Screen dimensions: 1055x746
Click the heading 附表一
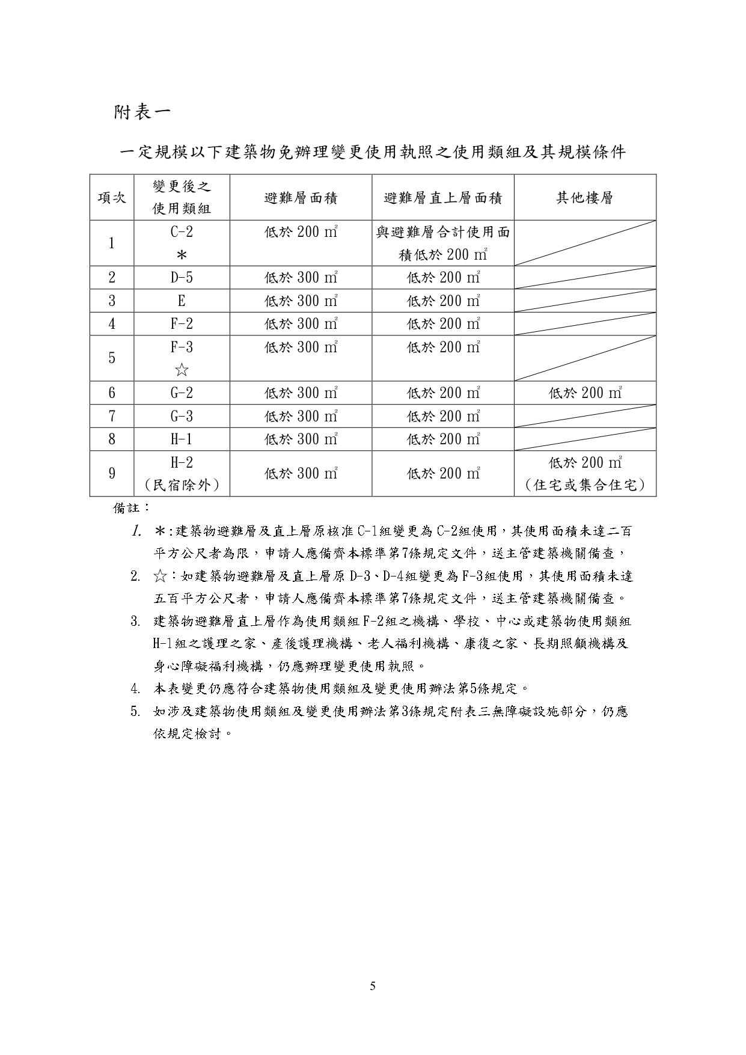tap(142, 112)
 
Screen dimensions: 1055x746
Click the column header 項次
tap(112, 198)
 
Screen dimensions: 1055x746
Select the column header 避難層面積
tap(301, 198)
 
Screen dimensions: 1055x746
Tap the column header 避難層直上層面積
tap(442, 198)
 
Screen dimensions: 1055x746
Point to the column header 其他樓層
tap(584, 198)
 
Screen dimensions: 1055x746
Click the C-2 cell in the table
tap(182, 232)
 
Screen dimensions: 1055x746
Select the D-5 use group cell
tap(182, 278)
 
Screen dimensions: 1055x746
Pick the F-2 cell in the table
tap(182, 324)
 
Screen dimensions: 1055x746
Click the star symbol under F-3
tap(182, 370)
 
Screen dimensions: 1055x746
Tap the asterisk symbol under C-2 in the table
tap(182, 255)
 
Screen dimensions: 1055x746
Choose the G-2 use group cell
tap(182, 393)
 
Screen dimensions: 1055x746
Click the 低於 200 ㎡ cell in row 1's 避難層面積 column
tap(301, 232)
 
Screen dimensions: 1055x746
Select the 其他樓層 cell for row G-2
tap(584, 393)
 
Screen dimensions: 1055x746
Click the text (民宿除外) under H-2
tap(182, 485)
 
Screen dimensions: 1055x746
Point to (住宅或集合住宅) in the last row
tap(584, 485)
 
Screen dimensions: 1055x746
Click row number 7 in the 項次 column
tap(112, 416)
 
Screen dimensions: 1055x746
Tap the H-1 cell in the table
tap(182, 439)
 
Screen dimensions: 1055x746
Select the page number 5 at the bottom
tap(373, 986)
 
